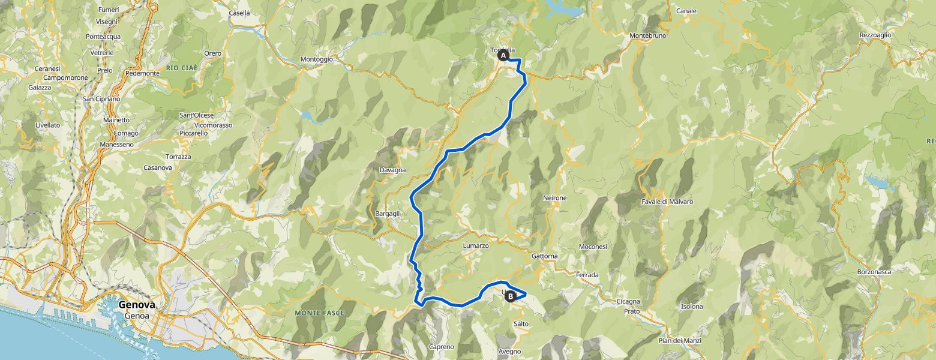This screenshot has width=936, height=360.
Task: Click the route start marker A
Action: (503, 56)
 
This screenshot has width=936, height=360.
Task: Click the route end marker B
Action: (511, 295)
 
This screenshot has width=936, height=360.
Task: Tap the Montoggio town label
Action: (316, 59)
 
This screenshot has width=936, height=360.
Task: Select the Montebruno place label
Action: (648, 35)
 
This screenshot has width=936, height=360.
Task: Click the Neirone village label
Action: (554, 197)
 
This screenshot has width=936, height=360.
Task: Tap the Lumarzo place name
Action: (476, 245)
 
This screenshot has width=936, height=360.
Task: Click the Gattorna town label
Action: (544, 256)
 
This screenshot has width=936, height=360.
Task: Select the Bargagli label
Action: (387, 214)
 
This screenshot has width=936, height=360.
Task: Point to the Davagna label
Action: (392, 170)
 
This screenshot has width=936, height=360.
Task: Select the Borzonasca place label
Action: (874, 272)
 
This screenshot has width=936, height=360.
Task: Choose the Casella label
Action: (239, 13)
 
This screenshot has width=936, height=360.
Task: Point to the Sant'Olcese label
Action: (197, 115)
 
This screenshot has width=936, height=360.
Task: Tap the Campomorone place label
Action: (65, 77)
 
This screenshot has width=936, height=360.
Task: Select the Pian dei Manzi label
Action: (680, 341)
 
